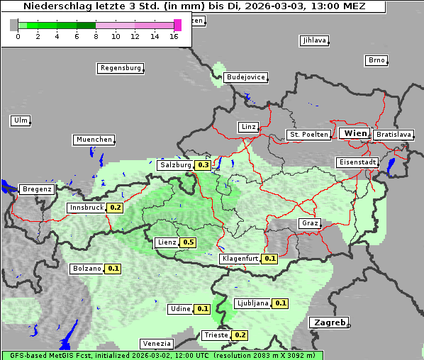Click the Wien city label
355,133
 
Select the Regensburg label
120,68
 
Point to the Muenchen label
94,140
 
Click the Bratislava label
394,134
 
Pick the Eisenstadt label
357,162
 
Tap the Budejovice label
245,77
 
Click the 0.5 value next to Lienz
188,242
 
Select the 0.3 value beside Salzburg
203,165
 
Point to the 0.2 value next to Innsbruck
115,208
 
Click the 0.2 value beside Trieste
240,335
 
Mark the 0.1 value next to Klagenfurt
270,259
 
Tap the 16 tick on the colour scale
174,35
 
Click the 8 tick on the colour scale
96,35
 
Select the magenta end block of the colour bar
177,25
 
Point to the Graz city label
310,223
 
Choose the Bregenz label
37,189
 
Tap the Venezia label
156,344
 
